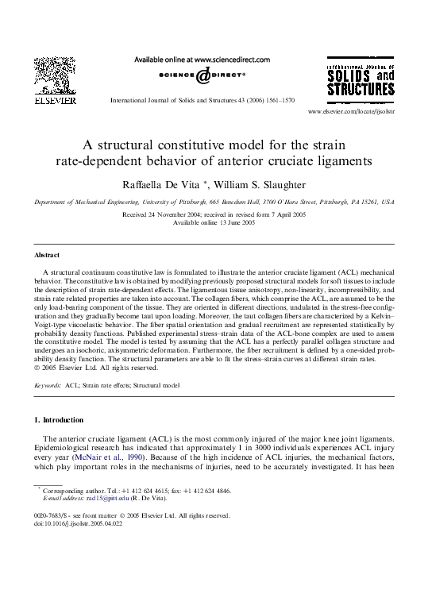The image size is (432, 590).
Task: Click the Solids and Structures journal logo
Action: pyautogui.click(x=360, y=82)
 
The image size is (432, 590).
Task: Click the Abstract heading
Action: pyautogui.click(x=48, y=255)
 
